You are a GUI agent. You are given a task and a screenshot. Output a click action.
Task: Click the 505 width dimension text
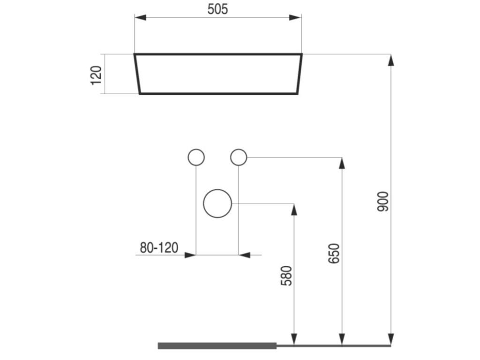[x=218, y=9]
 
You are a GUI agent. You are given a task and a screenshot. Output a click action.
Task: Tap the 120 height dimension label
[x=96, y=75]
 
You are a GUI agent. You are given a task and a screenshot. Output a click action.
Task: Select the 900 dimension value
[x=383, y=201]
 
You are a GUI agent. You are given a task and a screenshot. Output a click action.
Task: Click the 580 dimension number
[x=286, y=276]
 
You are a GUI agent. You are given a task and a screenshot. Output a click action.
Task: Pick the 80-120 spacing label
[x=159, y=247]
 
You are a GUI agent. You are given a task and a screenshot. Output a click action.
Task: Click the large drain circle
[x=217, y=203]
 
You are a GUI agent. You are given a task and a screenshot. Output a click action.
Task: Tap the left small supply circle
[x=196, y=157]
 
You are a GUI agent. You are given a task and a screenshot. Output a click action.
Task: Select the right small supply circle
[x=239, y=157]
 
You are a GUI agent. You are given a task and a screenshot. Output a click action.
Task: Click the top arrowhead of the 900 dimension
[x=391, y=60]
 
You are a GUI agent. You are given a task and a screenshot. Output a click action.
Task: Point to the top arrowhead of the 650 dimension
[x=342, y=163]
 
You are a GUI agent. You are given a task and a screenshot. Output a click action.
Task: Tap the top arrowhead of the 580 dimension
[x=294, y=209]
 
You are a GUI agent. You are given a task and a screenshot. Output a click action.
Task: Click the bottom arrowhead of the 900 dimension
[x=391, y=339]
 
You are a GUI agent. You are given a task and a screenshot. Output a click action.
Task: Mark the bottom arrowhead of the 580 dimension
[x=294, y=339]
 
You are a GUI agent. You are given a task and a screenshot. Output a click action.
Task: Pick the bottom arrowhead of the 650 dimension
[x=342, y=339]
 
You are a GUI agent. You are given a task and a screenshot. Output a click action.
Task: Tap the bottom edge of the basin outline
[x=218, y=94]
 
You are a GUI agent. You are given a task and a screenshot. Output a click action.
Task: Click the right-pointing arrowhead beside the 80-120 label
[x=190, y=255]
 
